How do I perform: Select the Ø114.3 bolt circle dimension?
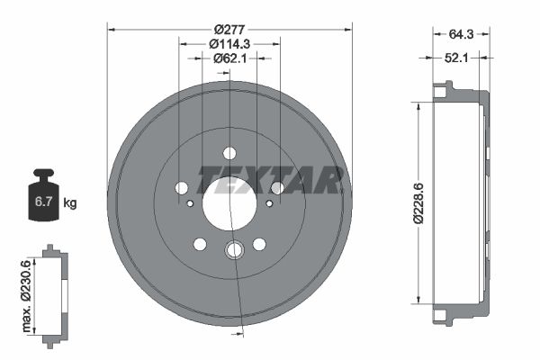click(x=229, y=42)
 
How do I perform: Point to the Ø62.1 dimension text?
click(x=229, y=58)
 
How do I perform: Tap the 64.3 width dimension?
click(x=461, y=34)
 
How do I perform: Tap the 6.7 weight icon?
click(x=42, y=202)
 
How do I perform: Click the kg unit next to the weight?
click(x=70, y=203)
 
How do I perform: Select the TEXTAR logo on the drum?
click(x=270, y=180)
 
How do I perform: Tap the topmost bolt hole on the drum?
click(x=229, y=153)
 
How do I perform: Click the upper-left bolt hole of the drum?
click(x=182, y=187)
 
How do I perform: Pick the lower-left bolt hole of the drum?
click(x=200, y=244)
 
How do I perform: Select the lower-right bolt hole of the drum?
click(x=259, y=244)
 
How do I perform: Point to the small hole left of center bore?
click(x=190, y=204)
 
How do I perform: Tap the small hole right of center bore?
click(x=269, y=204)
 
